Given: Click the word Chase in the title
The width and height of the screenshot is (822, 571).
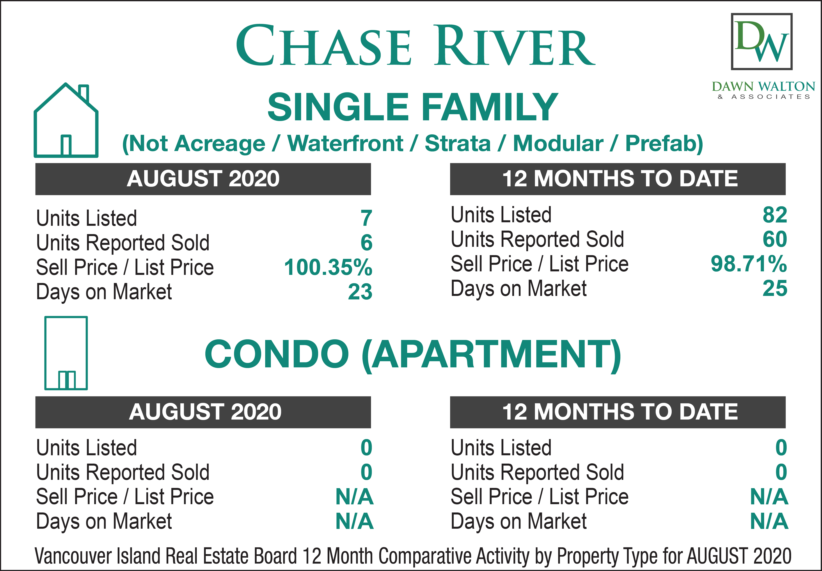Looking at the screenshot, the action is [x=324, y=46].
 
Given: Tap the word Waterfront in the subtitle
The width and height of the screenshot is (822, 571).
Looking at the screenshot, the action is [x=346, y=144].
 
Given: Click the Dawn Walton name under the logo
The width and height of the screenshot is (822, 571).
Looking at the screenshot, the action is [x=763, y=87].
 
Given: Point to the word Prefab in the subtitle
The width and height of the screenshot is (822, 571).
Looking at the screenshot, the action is [x=664, y=144].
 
